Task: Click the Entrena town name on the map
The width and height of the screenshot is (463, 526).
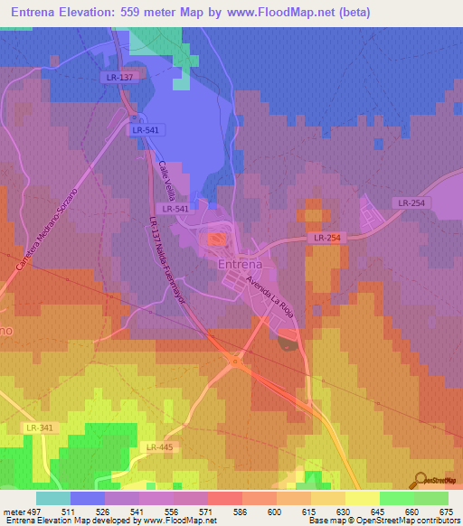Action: click(240, 264)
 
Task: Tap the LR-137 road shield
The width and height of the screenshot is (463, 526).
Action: click(118, 78)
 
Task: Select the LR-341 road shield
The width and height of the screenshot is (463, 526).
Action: click(40, 427)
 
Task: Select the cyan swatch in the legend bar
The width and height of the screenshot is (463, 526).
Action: click(52, 498)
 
